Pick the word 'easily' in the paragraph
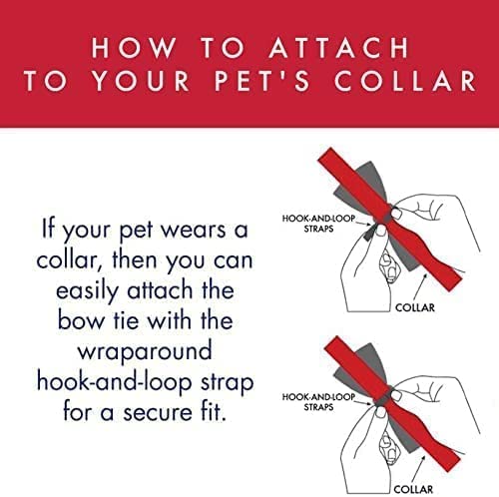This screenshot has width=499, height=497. [x=82, y=296]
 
